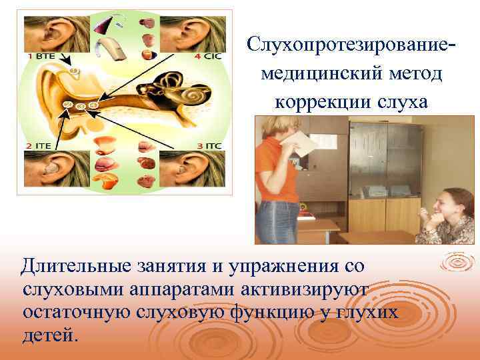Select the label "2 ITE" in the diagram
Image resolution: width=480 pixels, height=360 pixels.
[39, 145]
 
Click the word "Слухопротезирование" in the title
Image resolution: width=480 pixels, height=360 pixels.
[341, 46]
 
